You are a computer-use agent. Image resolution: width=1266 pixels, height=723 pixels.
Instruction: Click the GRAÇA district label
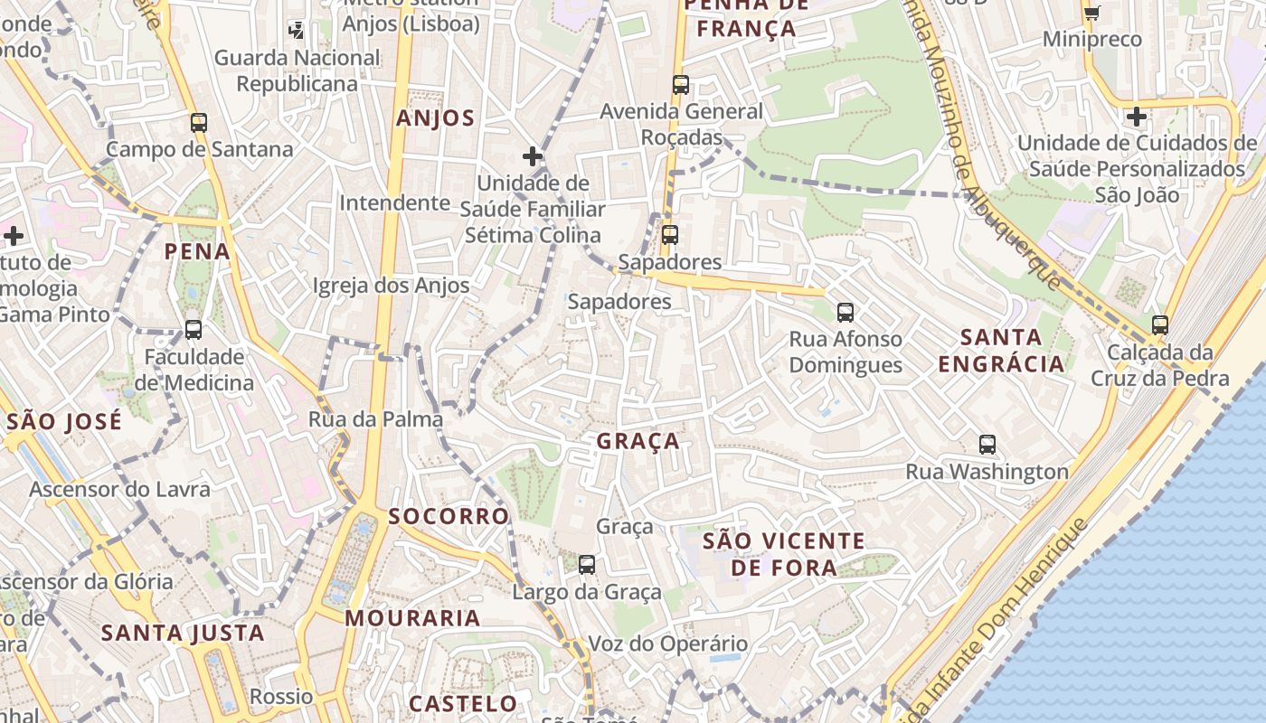[x=638, y=441]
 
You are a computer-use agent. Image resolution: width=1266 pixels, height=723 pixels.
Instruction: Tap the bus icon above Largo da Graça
[x=587, y=565]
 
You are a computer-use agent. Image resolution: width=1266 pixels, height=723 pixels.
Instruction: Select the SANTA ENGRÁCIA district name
[x=1001, y=351]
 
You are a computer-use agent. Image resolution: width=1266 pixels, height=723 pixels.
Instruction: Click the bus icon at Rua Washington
[x=987, y=445]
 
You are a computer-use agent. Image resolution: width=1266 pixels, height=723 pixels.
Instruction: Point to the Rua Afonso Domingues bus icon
[x=846, y=313]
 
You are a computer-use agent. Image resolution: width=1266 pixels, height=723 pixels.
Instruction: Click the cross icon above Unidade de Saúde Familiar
[x=533, y=156]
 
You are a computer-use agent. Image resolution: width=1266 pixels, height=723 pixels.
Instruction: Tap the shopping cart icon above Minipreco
[x=1091, y=13]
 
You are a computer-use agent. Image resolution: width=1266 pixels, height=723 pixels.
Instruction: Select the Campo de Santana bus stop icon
[x=199, y=123]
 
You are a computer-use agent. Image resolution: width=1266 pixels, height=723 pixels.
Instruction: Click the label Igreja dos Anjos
[x=391, y=286]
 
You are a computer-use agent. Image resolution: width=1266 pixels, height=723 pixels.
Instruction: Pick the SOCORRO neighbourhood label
[x=449, y=516]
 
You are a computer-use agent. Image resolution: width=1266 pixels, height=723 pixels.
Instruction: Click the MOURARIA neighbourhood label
[x=412, y=618]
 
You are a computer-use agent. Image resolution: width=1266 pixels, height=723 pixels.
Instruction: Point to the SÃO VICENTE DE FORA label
[x=784, y=554]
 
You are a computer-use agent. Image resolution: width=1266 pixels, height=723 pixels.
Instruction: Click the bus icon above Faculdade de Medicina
[x=194, y=330]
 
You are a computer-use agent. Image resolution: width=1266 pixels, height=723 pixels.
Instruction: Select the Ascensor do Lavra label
[x=119, y=490]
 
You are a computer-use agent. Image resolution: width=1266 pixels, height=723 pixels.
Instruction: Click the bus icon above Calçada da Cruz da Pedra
[x=1160, y=325]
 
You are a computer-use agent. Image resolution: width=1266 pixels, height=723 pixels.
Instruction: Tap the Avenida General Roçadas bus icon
[x=681, y=85]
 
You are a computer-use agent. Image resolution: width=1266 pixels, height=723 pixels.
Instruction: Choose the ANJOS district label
[x=435, y=118]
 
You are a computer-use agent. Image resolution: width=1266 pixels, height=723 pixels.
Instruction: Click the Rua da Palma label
[x=375, y=419]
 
